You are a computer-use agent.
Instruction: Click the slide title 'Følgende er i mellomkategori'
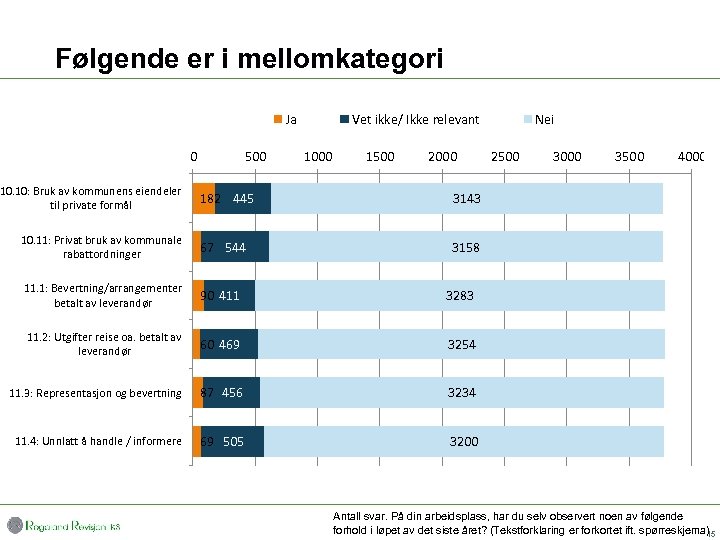(x=249, y=59)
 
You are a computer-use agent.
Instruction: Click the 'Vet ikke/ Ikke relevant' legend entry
(x=410, y=120)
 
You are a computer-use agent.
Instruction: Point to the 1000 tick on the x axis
(x=318, y=156)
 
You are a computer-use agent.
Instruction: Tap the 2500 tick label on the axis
(x=505, y=156)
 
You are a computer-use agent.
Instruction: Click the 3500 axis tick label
(x=629, y=156)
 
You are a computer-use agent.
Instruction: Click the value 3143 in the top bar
(x=466, y=199)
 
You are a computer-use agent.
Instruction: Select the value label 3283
(x=459, y=296)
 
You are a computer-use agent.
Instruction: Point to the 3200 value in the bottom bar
(x=464, y=442)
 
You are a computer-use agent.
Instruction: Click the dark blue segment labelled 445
(x=243, y=199)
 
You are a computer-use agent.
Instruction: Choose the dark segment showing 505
(x=233, y=442)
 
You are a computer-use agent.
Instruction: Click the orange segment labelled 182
(x=205, y=199)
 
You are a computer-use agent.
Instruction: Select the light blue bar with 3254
(x=461, y=345)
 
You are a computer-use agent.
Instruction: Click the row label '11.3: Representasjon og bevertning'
(x=95, y=393)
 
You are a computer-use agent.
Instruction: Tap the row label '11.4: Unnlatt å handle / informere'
(x=95, y=441)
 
